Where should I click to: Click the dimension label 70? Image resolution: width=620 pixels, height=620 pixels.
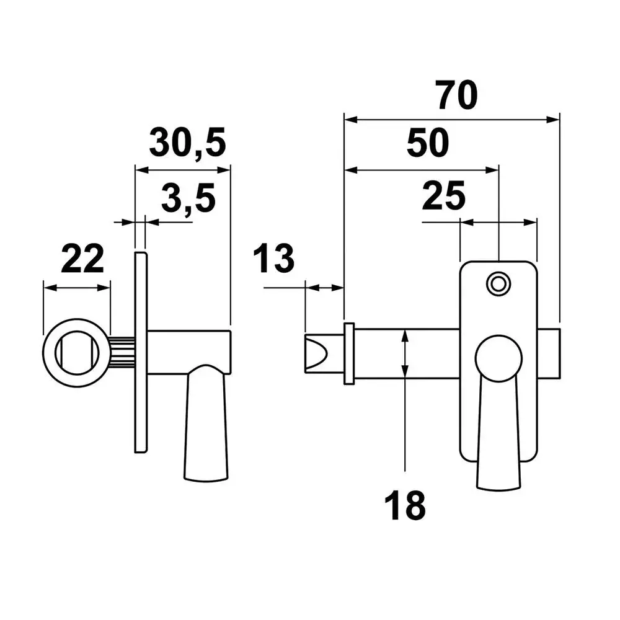click(x=458, y=95)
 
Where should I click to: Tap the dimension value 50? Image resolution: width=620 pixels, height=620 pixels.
click(x=428, y=143)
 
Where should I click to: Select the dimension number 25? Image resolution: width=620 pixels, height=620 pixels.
click(x=444, y=196)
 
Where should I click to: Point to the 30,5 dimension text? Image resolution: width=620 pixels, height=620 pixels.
click(x=187, y=143)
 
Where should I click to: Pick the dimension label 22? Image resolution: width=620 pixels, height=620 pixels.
click(x=82, y=259)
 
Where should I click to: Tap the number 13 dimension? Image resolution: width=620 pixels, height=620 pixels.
click(x=273, y=259)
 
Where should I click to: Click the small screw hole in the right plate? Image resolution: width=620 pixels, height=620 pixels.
click(x=498, y=284)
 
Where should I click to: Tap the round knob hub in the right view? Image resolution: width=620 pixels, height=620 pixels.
click(x=498, y=358)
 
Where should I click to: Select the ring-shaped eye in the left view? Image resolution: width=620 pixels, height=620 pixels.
click(x=77, y=353)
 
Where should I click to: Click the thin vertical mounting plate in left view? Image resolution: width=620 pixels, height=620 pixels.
click(x=141, y=352)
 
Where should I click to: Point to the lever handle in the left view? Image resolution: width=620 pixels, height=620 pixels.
click(x=206, y=423)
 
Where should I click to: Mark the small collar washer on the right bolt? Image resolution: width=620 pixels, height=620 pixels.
click(x=349, y=353)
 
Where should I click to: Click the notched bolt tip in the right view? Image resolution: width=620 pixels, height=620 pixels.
click(x=324, y=353)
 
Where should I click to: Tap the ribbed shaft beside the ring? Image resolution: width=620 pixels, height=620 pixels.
click(x=123, y=353)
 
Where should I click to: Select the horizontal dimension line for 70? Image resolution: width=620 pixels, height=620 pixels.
click(x=452, y=120)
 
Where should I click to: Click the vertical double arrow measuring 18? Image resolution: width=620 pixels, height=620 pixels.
click(x=405, y=353)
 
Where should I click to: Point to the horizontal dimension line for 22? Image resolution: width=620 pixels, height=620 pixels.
click(x=77, y=288)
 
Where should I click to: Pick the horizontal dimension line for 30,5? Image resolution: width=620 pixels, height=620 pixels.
click(x=183, y=170)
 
